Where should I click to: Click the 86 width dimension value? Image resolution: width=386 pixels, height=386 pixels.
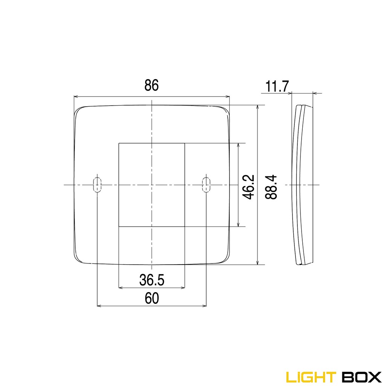pyautogui.click(x=152, y=86)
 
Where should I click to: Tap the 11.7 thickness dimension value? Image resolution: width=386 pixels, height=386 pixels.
pyautogui.click(x=277, y=87)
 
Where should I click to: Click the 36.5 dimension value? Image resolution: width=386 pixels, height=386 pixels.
pyautogui.click(x=152, y=280)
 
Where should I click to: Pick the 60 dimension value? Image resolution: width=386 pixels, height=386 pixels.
pyautogui.click(x=152, y=298)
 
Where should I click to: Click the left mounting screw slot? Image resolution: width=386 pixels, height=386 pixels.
pyautogui.click(x=97, y=185)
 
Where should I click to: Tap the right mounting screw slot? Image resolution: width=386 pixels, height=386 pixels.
pyautogui.click(x=206, y=185)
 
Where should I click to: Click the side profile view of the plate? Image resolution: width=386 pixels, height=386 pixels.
pyautogui.click(x=302, y=185)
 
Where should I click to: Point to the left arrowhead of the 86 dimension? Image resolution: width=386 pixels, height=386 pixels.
pyautogui.click(x=76, y=97)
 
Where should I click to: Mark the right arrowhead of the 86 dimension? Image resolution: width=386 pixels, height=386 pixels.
pyautogui.click(x=227, y=97)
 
